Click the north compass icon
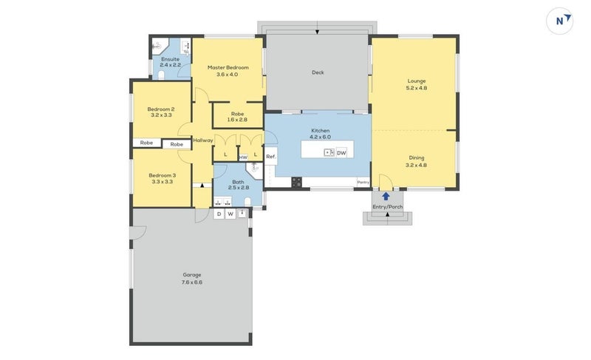click(560, 21)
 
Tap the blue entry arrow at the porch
click(386, 196)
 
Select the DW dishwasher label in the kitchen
click(341, 153)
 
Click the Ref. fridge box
click(271, 156)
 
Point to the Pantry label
click(363, 182)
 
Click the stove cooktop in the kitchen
click(297, 183)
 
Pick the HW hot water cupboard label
click(243, 157)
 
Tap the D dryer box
click(219, 214)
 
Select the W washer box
click(230, 214)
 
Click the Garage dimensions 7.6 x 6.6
click(192, 282)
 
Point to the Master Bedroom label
click(228, 67)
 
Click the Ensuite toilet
click(161, 75)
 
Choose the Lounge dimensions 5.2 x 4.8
click(417, 88)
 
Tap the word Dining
click(417, 157)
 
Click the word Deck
click(318, 72)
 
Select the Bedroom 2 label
click(161, 109)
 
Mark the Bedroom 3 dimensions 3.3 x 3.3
click(163, 181)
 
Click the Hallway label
click(203, 140)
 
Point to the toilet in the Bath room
click(247, 202)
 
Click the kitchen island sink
click(329, 152)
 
